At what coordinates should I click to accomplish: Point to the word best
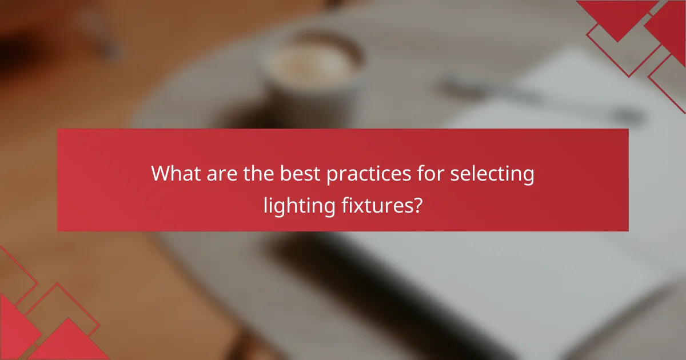[x=300, y=174]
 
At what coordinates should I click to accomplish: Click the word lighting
[x=297, y=205]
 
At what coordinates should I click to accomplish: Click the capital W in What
[x=161, y=174]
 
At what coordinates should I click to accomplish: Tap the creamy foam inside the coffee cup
[x=312, y=63]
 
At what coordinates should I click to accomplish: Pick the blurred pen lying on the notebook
[x=543, y=100]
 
